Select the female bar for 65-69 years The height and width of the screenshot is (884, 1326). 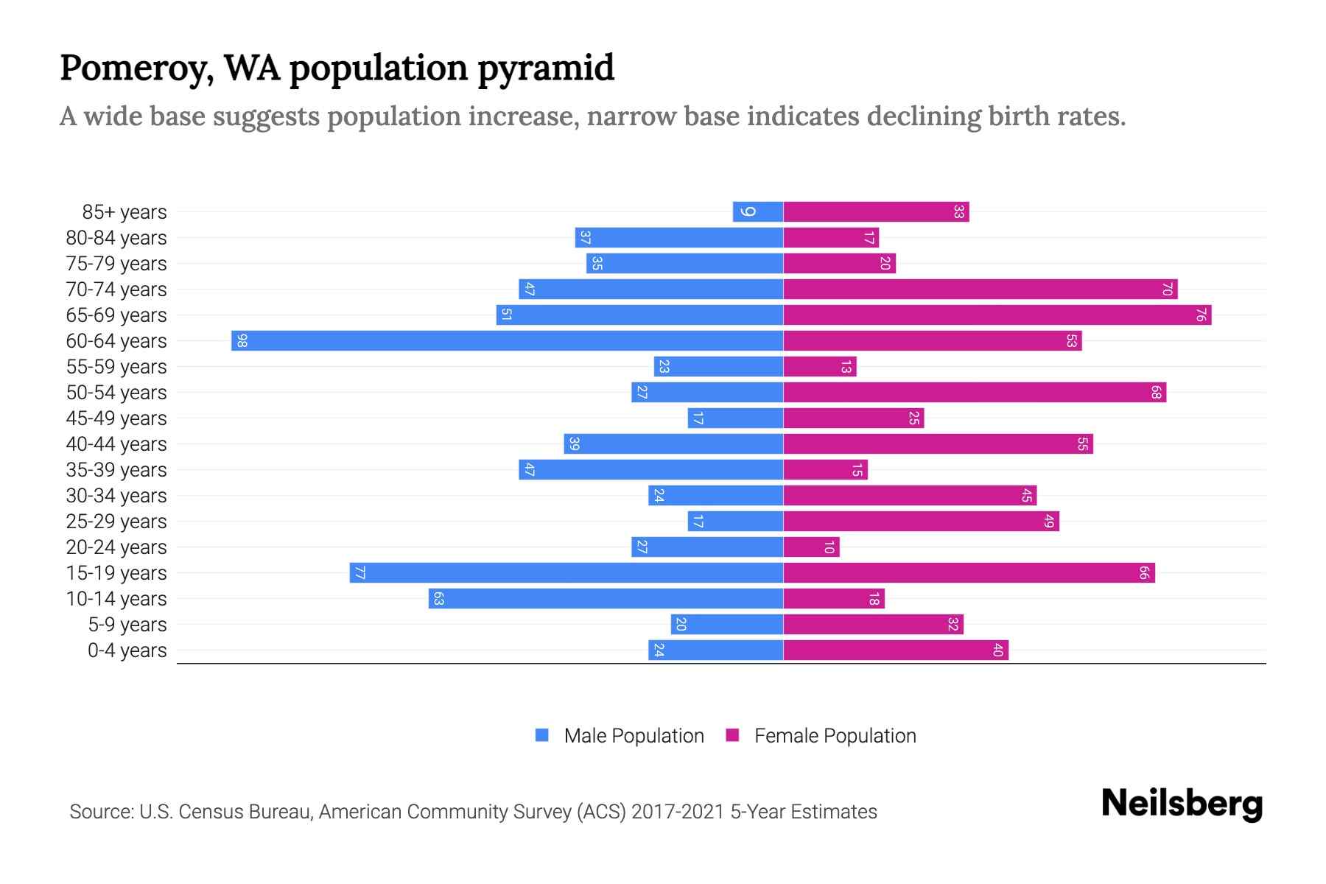coord(997,315)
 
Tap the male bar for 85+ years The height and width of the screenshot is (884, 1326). coord(758,212)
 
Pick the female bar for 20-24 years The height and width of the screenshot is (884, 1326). coord(811,547)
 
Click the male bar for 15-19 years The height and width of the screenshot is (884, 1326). coord(566,573)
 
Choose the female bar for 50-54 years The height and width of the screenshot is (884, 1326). coord(975,393)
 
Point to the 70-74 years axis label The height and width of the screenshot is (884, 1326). coord(116,290)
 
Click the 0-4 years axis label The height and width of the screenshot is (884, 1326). coord(127,650)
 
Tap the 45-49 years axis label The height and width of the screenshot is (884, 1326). coord(116,418)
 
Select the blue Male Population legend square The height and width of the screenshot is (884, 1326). coord(542,735)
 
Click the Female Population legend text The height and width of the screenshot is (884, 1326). coord(835,736)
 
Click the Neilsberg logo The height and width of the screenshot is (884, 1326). coord(1182,804)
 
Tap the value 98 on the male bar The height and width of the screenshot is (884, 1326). coord(242,341)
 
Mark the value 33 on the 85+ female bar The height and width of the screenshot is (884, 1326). coord(958,212)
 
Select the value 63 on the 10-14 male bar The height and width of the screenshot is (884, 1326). coord(438,599)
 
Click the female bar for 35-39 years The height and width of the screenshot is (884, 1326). coord(825,470)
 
